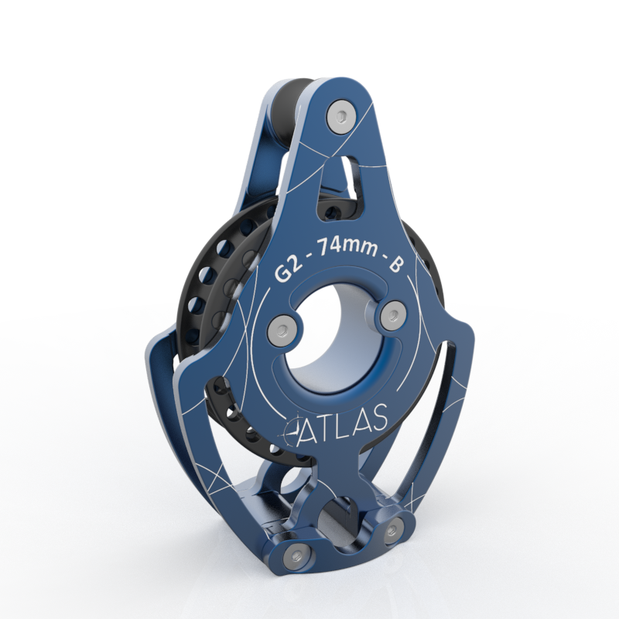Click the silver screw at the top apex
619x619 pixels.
pos(338,115)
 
